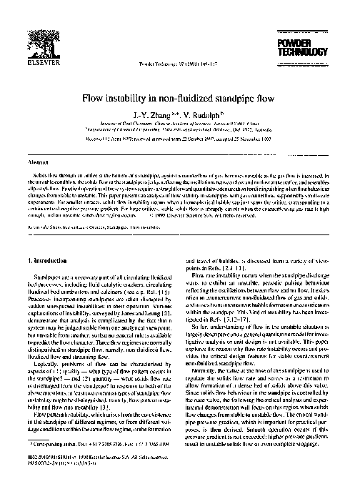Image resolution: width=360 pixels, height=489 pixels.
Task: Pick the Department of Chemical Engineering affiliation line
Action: click(x=179, y=128)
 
